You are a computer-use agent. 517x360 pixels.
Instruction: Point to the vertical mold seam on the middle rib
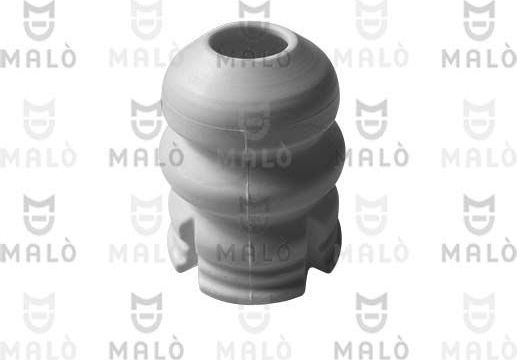pos(246,160)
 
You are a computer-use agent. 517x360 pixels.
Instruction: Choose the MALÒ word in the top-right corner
pos(479,56)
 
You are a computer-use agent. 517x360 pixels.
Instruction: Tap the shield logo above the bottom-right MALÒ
pos(479,311)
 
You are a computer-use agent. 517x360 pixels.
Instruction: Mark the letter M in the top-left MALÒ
pos(10,56)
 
